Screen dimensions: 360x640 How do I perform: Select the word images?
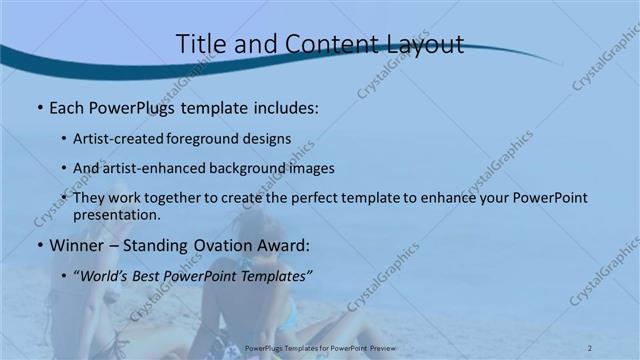(x=310, y=169)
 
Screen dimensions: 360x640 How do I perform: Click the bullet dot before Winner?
(x=39, y=245)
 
